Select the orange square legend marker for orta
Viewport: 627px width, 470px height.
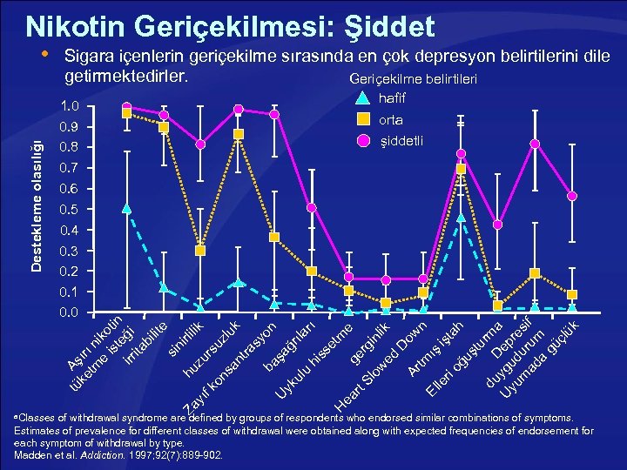364,121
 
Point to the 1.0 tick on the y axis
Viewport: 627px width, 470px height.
71,106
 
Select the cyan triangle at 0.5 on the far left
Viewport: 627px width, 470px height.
126,209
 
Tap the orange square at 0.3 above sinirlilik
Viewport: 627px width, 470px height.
200,251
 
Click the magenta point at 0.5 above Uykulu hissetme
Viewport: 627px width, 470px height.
312,208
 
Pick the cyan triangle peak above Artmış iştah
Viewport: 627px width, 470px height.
461,217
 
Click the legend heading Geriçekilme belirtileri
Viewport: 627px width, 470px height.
418,80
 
